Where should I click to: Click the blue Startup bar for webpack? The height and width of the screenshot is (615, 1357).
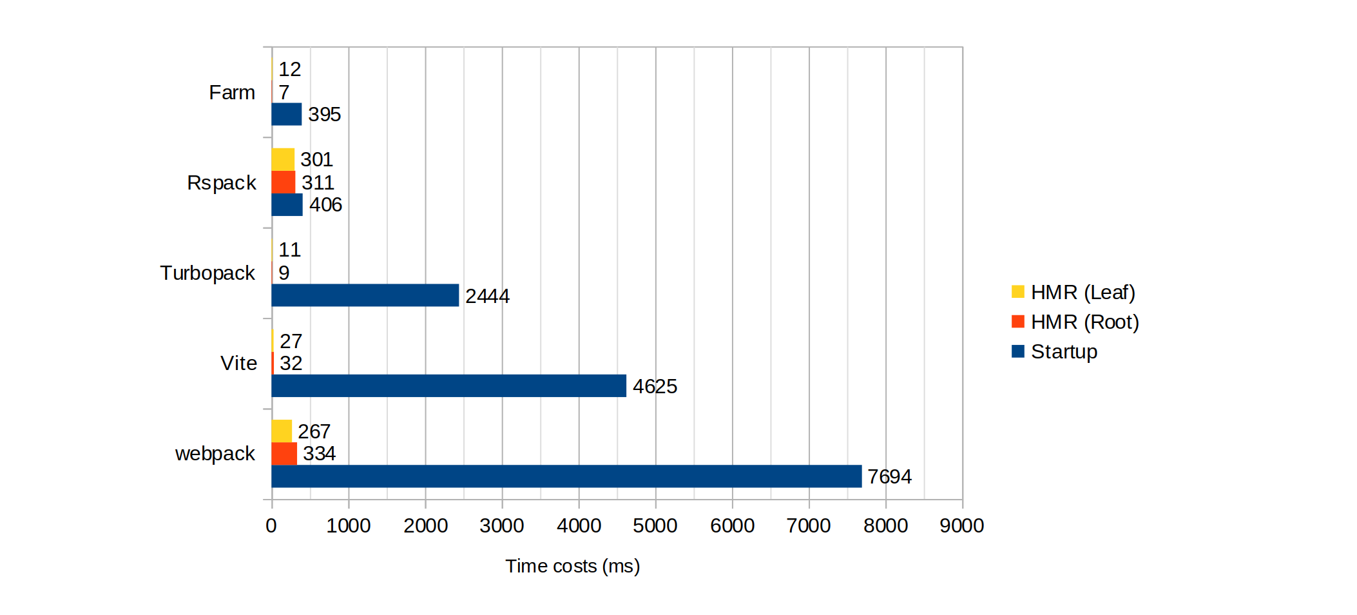(566, 476)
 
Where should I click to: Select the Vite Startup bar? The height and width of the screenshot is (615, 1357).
(448, 386)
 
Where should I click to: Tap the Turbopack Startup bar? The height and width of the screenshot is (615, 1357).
(365, 295)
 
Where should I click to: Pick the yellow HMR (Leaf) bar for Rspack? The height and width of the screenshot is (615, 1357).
(283, 159)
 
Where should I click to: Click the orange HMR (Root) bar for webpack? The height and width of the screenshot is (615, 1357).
(284, 453)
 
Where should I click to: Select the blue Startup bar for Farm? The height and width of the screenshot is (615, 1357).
(287, 114)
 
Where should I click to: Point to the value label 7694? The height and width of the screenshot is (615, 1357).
(889, 476)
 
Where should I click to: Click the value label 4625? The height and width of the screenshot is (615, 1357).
(655, 386)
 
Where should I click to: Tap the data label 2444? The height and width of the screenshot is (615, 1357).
(487, 296)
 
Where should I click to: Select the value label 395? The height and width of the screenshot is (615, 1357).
(324, 114)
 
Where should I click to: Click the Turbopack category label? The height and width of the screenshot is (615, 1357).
(207, 273)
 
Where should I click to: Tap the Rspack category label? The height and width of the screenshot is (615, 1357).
(222, 182)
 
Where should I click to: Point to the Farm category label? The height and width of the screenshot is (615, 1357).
(232, 92)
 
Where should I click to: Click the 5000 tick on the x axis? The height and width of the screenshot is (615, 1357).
(655, 525)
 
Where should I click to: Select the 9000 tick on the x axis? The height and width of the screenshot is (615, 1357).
(962, 525)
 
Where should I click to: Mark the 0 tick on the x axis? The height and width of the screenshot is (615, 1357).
(271, 525)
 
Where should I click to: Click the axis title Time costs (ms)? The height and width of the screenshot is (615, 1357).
(572, 566)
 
